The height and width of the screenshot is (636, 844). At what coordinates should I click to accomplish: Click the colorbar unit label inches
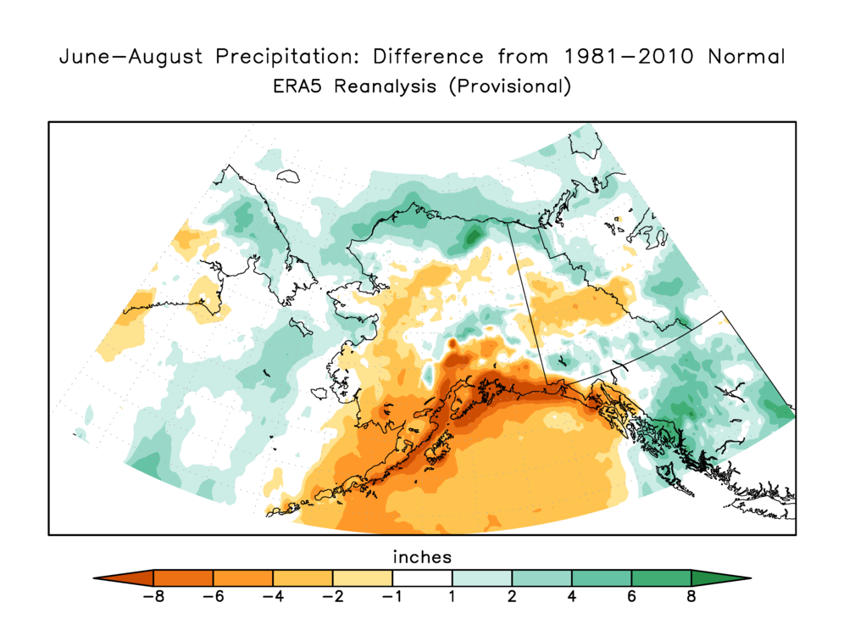pos(422,557)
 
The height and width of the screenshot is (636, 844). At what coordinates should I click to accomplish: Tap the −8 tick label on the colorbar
pos(153,596)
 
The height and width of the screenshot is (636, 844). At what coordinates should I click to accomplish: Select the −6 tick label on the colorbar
pos(213,596)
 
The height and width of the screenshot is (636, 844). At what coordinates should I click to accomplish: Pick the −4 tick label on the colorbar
pos(272,596)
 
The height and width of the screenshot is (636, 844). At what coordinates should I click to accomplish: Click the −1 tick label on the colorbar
pos(391,596)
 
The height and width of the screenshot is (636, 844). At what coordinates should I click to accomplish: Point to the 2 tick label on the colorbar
pos(512,596)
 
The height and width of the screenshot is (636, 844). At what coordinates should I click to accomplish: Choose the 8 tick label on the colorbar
pos(691,596)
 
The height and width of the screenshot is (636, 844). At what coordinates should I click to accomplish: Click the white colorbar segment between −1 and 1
pos(422,577)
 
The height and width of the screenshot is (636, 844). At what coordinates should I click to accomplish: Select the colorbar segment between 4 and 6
pos(602,577)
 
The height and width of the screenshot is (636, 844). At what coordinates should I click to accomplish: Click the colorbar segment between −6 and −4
pos(242,577)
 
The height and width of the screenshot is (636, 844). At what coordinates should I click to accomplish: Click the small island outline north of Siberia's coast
pos(291,176)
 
